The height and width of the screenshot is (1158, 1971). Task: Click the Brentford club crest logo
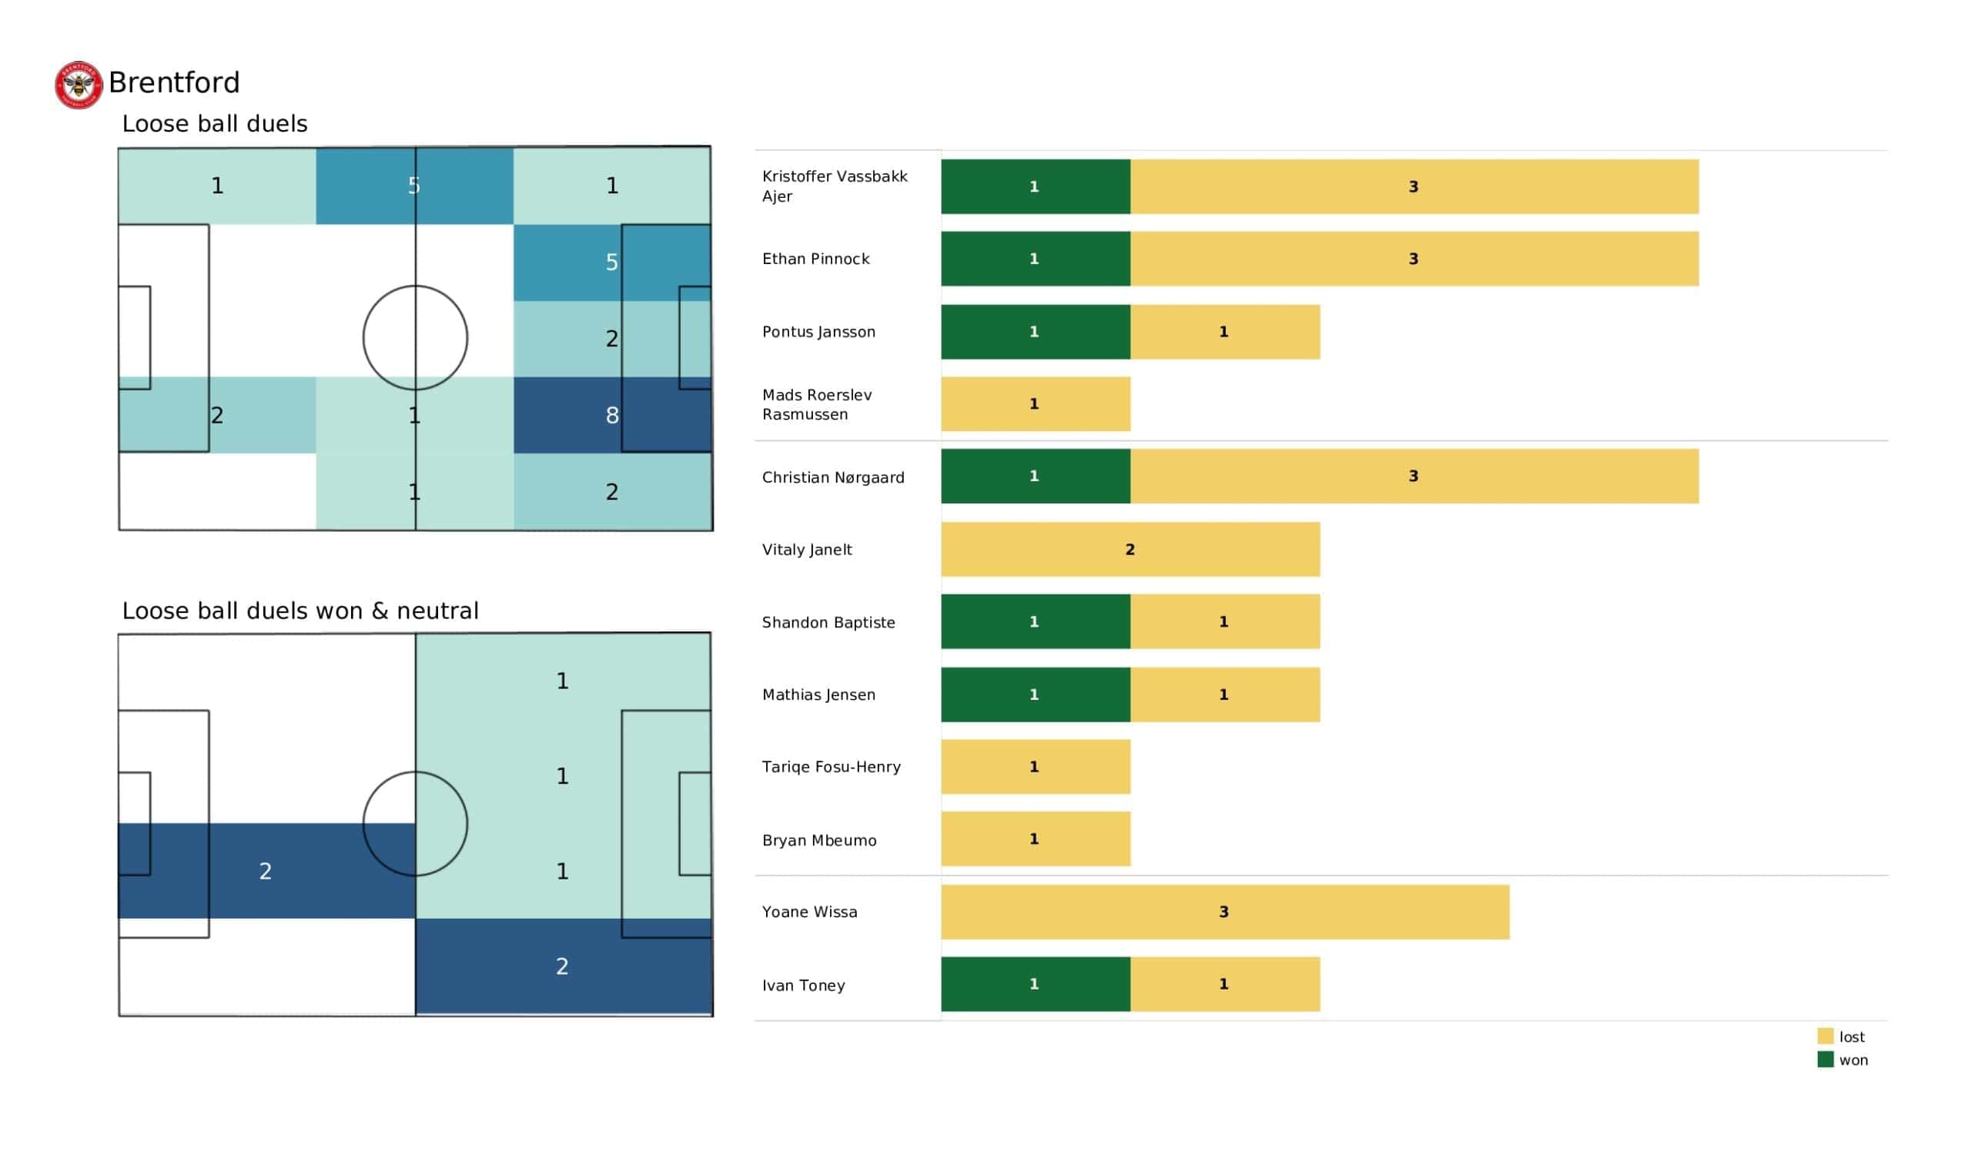(79, 85)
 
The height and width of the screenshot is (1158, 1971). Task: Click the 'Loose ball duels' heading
(214, 124)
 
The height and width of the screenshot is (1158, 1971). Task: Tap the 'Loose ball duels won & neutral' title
(299, 611)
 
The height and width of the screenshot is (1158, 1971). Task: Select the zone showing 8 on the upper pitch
(611, 415)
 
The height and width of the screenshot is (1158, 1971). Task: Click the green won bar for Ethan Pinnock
(1035, 258)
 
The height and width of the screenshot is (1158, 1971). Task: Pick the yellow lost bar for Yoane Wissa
(1224, 912)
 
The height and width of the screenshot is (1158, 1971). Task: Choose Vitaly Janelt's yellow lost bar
(1129, 549)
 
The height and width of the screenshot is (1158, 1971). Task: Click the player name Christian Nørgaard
(832, 477)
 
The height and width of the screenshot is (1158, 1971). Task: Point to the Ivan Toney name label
(803, 985)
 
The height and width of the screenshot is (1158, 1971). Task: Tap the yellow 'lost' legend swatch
(1825, 1036)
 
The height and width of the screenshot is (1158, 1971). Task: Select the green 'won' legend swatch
(1825, 1059)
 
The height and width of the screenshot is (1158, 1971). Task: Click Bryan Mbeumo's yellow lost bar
(1035, 838)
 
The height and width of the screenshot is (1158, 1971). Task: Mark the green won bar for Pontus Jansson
(1035, 332)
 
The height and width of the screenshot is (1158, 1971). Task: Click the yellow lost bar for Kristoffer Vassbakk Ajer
(1414, 186)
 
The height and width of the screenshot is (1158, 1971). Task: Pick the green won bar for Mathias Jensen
(1035, 694)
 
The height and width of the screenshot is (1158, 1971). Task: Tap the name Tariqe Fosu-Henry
(831, 767)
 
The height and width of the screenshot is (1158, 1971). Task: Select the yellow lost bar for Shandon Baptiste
(1224, 621)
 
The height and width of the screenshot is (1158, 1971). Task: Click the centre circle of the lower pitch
(415, 823)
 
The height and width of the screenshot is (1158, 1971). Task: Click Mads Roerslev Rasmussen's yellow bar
(1035, 403)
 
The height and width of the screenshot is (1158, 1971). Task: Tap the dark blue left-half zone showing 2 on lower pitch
(266, 871)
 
